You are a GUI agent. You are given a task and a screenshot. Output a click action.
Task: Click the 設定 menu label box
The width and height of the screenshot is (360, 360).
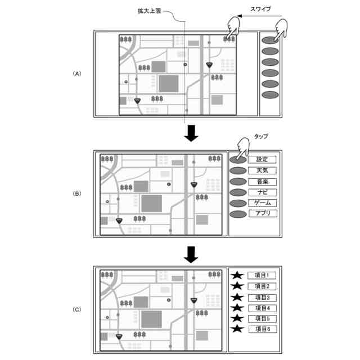[x=262, y=160]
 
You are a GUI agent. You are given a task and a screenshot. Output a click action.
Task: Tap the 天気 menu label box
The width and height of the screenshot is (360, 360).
[x=262, y=170]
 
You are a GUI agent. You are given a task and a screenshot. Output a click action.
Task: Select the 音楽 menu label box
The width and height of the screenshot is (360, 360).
[x=262, y=181]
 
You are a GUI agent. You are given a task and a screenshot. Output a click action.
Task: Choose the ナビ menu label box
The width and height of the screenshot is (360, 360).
[x=262, y=192]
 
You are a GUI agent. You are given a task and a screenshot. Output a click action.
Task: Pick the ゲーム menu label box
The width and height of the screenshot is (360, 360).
[x=262, y=202]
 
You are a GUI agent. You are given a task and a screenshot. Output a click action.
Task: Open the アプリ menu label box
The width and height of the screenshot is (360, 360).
[x=262, y=213]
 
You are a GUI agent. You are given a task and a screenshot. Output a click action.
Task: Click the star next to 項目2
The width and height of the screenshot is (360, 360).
[x=237, y=286]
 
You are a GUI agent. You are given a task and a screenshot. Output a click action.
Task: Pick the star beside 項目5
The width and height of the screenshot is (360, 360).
[x=237, y=318]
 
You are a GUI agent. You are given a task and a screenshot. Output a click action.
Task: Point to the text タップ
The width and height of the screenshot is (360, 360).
[x=260, y=137]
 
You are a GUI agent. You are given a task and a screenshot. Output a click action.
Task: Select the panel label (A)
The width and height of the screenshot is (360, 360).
[x=77, y=74]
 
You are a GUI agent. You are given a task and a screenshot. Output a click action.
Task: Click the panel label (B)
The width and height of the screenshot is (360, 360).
[x=77, y=193]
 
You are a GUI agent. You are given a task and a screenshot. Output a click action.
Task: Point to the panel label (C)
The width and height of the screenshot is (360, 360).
[x=77, y=309]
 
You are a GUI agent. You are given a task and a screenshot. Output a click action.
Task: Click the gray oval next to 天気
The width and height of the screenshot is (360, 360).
[x=237, y=170]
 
